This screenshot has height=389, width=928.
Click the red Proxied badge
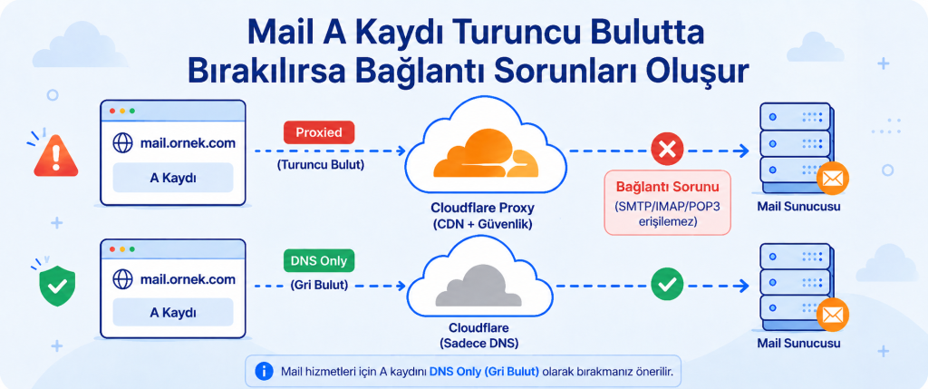pyautogui.click(x=319, y=132)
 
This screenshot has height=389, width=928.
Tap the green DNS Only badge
pyautogui.click(x=319, y=261)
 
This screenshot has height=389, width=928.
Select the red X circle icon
pyautogui.click(x=667, y=149)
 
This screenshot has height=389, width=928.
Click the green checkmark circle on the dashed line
pyautogui.click(x=667, y=285)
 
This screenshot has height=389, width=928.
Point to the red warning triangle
pyautogui.click(x=56, y=156)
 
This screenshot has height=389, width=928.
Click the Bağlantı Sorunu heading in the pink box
pyautogui.click(x=668, y=188)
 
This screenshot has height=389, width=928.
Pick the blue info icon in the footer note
pyautogui.click(x=264, y=371)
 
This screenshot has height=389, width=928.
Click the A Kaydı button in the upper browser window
pyautogui.click(x=173, y=178)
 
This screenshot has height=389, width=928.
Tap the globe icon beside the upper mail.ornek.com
pyautogui.click(x=122, y=142)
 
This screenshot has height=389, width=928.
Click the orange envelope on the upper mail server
pyautogui.click(x=833, y=179)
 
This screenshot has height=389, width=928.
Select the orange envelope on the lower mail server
pyautogui.click(x=833, y=315)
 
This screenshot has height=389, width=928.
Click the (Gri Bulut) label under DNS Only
pyautogui.click(x=319, y=285)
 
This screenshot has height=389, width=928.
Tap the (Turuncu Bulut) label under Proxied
pyautogui.click(x=320, y=165)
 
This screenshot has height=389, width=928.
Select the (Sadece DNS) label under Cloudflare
pyautogui.click(x=478, y=344)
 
